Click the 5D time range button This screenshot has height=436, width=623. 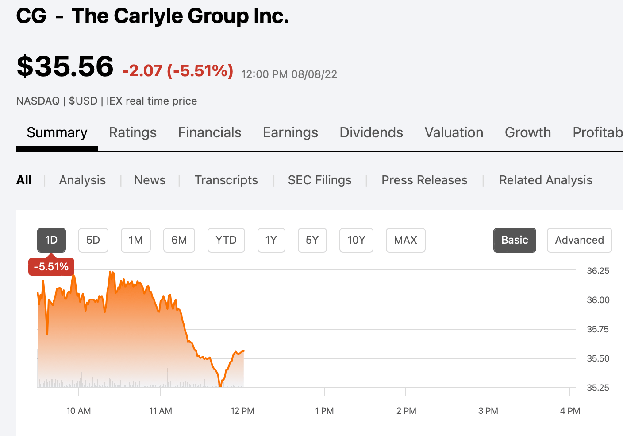[x=93, y=240]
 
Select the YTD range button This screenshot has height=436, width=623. [x=226, y=240]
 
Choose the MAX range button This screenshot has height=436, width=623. [x=405, y=240]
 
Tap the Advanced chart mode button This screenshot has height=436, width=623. [x=579, y=240]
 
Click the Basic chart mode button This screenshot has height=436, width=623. [x=515, y=240]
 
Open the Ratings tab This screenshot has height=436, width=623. [x=133, y=132]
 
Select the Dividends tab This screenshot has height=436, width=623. [x=371, y=132]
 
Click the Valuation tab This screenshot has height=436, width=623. [x=454, y=132]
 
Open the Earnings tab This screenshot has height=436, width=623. [x=290, y=132]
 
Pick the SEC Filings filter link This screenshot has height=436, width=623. [x=319, y=180]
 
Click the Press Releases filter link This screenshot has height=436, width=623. [x=424, y=180]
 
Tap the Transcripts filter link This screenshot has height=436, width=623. [x=226, y=180]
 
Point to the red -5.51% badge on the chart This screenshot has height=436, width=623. [x=51, y=267]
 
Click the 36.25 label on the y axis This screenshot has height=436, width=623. [x=598, y=271]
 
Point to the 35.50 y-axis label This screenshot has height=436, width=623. [x=598, y=358]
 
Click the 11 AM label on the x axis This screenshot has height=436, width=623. [x=161, y=411]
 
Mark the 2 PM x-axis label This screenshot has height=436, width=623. [x=406, y=411]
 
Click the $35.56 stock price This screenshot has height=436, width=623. [x=65, y=66]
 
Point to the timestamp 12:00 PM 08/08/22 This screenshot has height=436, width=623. [x=289, y=74]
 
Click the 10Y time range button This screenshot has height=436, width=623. [x=356, y=240]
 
